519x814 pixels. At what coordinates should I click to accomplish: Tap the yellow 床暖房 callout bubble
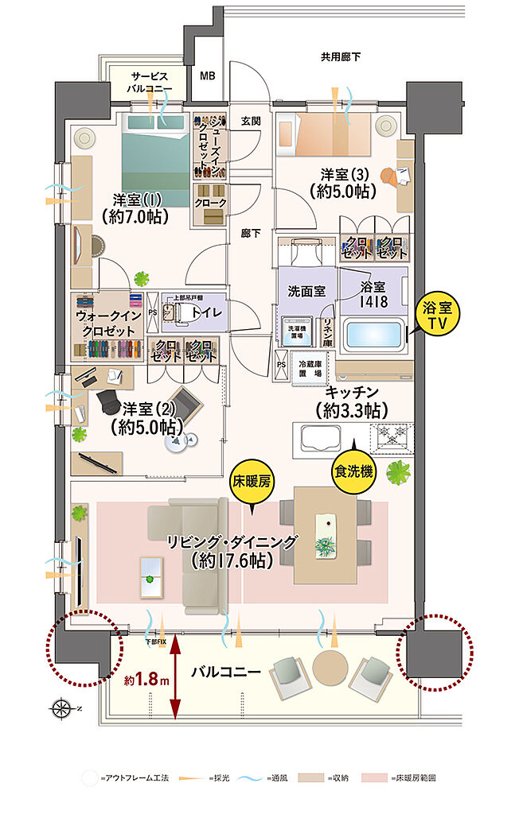point(252,483)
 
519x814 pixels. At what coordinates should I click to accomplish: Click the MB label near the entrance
point(207,76)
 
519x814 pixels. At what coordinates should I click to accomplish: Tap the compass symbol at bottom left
point(59,707)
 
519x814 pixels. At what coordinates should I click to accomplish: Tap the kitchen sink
point(316,438)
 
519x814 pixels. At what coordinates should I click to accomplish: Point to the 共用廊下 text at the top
point(341,58)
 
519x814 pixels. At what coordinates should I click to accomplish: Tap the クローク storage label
point(210,203)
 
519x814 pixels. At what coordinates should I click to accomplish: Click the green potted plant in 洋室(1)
point(142,279)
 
